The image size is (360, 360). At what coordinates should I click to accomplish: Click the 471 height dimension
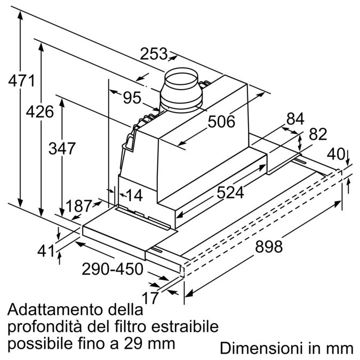coord(21,82)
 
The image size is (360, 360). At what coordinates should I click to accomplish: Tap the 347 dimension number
coord(62,148)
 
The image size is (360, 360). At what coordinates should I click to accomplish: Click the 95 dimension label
coord(131,98)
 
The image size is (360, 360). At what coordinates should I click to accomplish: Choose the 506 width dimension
coord(221,122)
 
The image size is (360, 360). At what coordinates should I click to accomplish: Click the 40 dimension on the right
coord(335,154)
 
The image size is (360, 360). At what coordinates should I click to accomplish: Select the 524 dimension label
coord(230,193)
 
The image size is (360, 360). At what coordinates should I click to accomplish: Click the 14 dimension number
coord(134,196)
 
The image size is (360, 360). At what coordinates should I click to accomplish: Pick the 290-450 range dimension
coord(113,269)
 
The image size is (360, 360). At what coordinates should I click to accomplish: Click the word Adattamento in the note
coord(49,310)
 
